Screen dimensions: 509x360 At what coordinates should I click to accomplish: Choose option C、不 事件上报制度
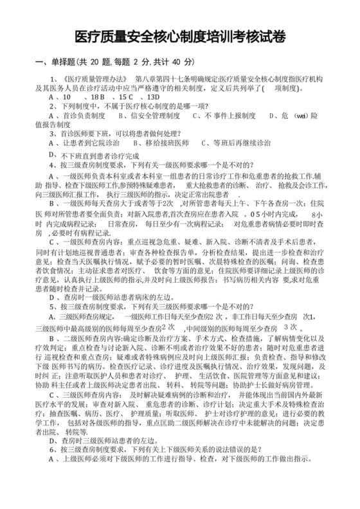[x=218, y=116]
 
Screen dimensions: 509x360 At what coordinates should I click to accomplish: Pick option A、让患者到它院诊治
[x=84, y=143]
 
